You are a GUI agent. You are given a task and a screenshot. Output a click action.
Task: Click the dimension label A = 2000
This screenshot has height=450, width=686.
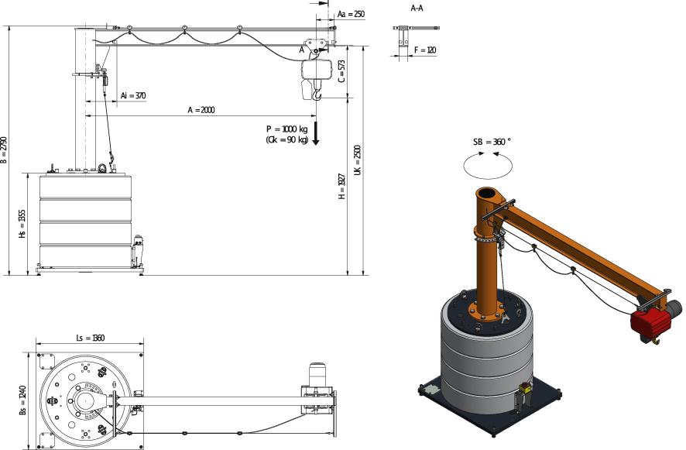[x=201, y=110]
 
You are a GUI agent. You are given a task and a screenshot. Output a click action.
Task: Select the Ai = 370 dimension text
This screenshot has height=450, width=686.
[x=133, y=95]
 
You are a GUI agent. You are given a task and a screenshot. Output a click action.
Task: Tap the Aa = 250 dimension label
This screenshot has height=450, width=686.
[x=351, y=14]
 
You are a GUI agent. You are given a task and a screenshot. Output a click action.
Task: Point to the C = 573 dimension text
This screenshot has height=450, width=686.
[x=341, y=71]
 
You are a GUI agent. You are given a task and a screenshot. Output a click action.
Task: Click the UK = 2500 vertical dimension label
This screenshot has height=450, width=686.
[x=358, y=160]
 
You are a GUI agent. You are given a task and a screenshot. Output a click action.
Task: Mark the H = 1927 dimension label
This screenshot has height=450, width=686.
[x=342, y=187]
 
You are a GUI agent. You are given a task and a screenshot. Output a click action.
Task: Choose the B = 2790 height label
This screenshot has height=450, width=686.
[x=4, y=150]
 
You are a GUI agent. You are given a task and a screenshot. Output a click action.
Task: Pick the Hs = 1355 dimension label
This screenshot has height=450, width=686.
[x=22, y=224]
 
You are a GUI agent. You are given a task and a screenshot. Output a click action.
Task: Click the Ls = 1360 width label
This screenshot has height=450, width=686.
[x=90, y=338]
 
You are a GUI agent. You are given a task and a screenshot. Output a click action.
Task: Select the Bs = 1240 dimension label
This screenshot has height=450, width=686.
[x=22, y=400]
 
